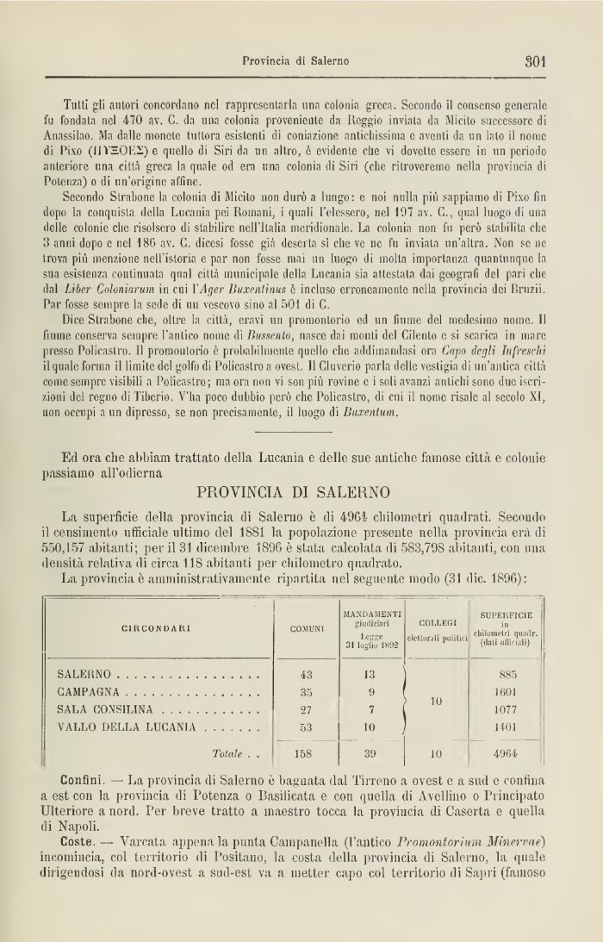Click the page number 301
536,61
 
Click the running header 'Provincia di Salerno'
295,61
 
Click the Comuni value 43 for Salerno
306,674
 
